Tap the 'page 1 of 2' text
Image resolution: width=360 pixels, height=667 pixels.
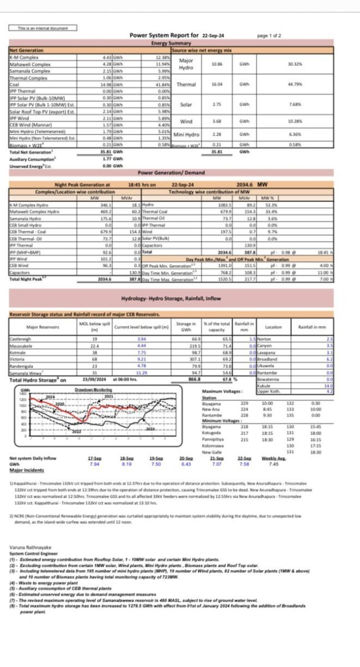point(269,35)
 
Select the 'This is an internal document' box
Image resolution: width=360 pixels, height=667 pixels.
point(43,28)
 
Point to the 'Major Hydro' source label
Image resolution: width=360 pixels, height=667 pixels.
point(186,64)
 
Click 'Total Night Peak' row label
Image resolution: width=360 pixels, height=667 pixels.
point(28,280)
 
